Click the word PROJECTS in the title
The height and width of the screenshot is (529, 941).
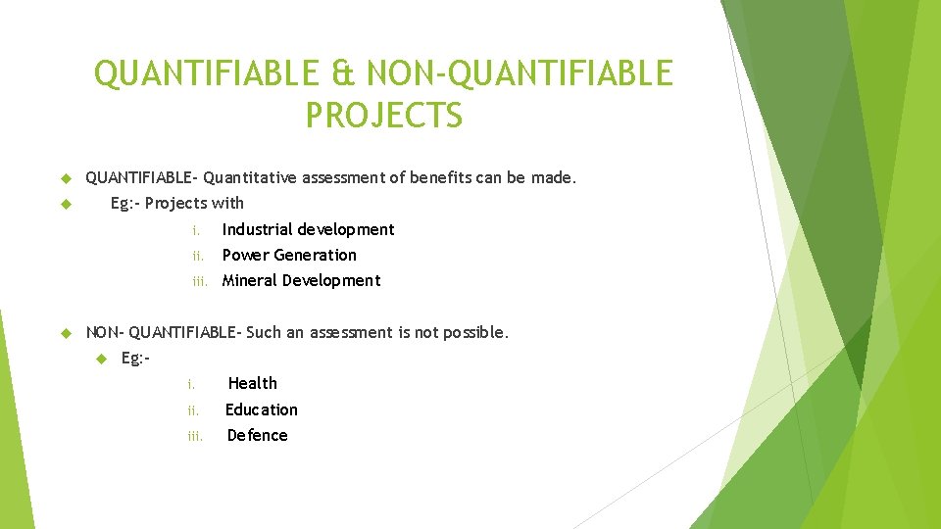(x=383, y=115)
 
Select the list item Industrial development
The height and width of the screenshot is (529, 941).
(x=308, y=229)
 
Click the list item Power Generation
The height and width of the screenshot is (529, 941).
(x=289, y=255)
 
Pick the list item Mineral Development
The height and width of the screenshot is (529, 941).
(x=301, y=280)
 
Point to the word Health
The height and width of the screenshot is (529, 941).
(x=253, y=383)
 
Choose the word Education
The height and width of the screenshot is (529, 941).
(x=262, y=409)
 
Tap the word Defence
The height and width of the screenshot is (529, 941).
(x=257, y=435)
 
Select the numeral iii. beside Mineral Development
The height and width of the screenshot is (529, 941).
(x=201, y=281)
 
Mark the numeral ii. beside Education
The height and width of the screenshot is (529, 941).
(x=194, y=410)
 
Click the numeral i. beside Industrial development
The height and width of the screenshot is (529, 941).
(x=196, y=230)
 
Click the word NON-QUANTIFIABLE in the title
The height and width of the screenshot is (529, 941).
(x=518, y=73)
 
